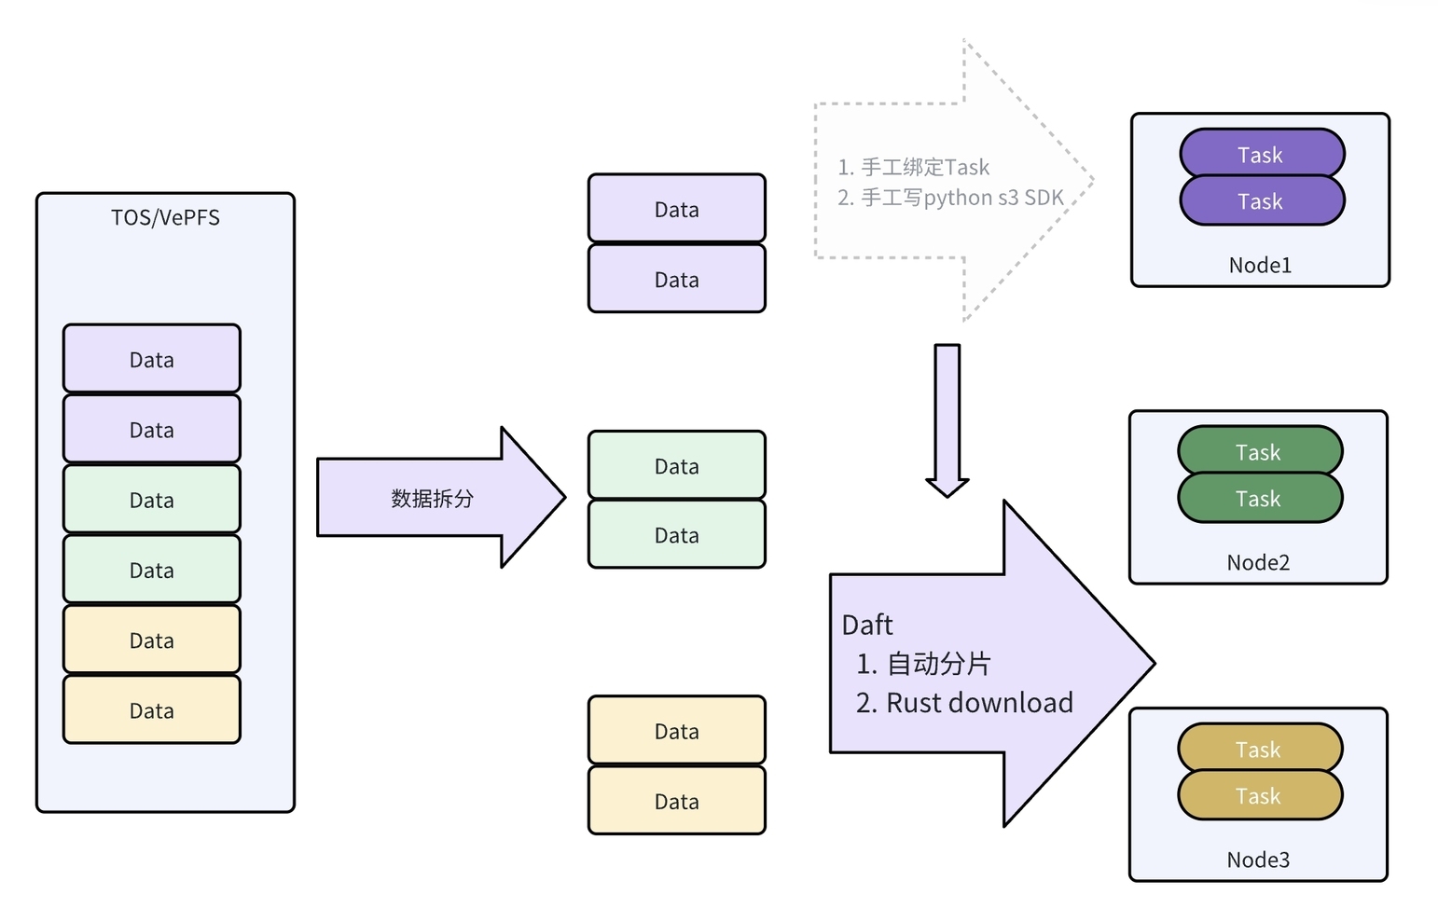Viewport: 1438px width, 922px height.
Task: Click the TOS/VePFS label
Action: [165, 218]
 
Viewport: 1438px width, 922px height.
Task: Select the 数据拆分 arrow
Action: [433, 498]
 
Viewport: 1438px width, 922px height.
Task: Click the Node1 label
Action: [1260, 266]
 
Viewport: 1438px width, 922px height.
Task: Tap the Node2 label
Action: [1258, 563]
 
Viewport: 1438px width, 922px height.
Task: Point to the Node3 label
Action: [1258, 860]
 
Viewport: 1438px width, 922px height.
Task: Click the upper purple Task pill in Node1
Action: [1261, 155]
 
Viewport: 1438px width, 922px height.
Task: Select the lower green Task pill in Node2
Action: [1259, 500]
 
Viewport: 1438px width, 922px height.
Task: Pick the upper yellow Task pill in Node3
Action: [1259, 749]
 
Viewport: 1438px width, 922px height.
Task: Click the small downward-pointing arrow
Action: [947, 420]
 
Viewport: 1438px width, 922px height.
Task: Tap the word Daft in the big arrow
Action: [867, 625]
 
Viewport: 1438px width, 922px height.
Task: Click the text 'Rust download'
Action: [979, 703]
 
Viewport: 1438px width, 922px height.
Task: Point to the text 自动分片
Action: [938, 664]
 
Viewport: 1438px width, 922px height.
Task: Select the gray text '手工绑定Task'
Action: [924, 168]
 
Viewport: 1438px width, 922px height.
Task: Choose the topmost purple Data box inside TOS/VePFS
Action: [152, 359]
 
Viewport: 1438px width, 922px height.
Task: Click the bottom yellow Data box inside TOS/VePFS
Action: [152, 710]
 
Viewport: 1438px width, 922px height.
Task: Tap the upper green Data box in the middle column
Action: [677, 465]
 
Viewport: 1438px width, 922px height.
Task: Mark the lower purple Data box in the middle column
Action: [677, 279]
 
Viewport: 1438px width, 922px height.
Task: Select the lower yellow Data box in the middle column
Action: [677, 801]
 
